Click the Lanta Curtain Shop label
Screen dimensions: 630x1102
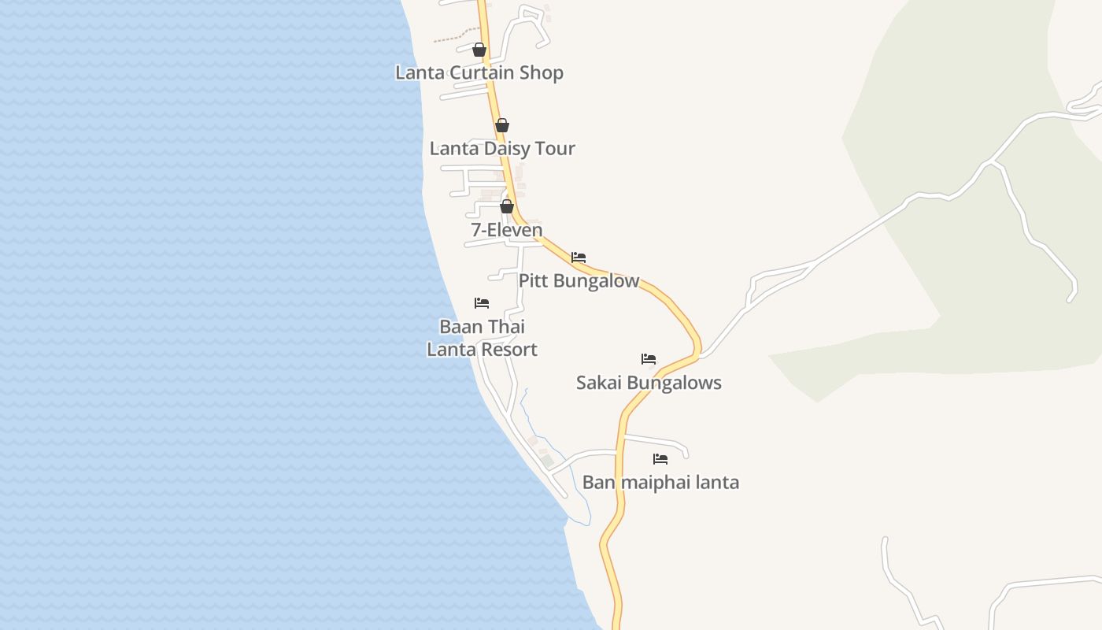click(x=479, y=72)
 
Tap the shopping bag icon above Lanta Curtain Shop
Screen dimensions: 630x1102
click(x=479, y=50)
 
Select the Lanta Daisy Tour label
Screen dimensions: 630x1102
click(x=502, y=148)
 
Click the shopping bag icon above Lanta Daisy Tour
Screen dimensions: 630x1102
click(x=502, y=125)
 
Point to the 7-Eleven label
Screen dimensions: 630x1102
click(x=507, y=230)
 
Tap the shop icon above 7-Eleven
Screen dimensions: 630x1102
click(x=507, y=206)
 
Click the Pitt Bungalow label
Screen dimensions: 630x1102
click(x=579, y=281)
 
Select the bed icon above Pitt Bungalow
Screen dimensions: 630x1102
click(x=579, y=258)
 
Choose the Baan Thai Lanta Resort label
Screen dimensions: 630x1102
click(x=482, y=338)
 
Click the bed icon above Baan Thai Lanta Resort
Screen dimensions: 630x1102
click(x=482, y=303)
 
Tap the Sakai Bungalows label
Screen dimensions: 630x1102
click(x=649, y=383)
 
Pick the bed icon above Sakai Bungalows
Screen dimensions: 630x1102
click(x=649, y=359)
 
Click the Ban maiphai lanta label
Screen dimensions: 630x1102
click(x=660, y=482)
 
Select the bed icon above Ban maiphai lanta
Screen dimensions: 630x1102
click(x=660, y=459)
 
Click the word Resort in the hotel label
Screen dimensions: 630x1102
click(x=507, y=350)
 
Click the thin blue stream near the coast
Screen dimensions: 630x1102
click(x=526, y=409)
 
